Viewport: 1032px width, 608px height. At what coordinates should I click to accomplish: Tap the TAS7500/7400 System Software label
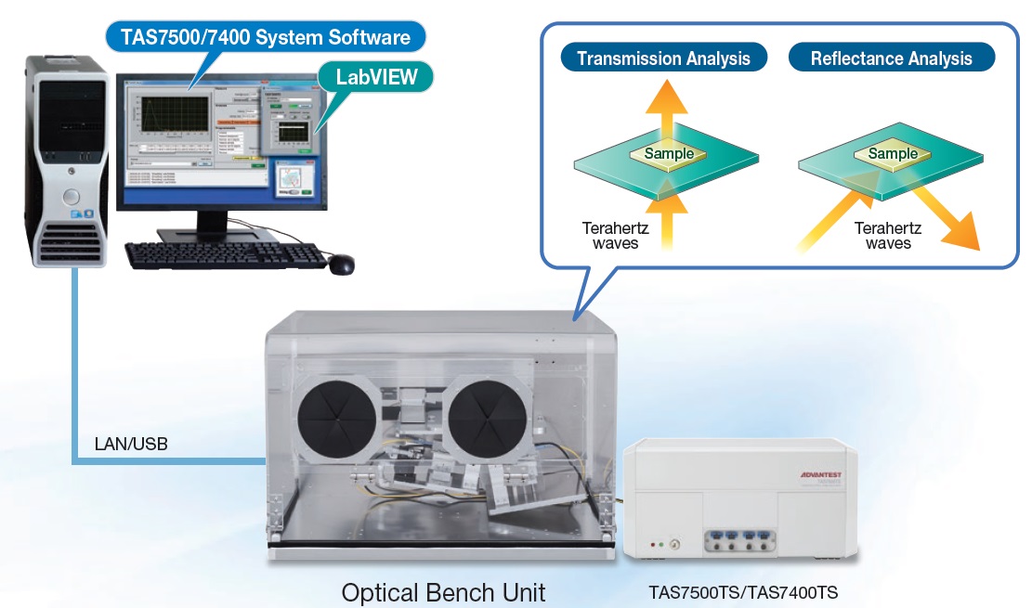click(x=265, y=38)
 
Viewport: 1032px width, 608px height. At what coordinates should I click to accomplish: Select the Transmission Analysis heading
click(x=663, y=58)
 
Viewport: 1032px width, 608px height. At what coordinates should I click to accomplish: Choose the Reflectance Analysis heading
click(x=891, y=58)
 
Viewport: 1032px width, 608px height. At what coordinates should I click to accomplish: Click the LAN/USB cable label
click(x=131, y=444)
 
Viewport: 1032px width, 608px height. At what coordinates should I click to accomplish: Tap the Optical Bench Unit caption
click(x=443, y=592)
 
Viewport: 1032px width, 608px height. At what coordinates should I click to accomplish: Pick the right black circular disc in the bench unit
click(x=484, y=419)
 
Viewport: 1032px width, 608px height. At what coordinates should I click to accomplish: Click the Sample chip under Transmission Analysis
click(x=669, y=153)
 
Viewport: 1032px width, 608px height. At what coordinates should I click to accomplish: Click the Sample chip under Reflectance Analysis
click(x=893, y=153)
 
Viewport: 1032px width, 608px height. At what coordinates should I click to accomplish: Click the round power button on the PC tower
click(x=71, y=196)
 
